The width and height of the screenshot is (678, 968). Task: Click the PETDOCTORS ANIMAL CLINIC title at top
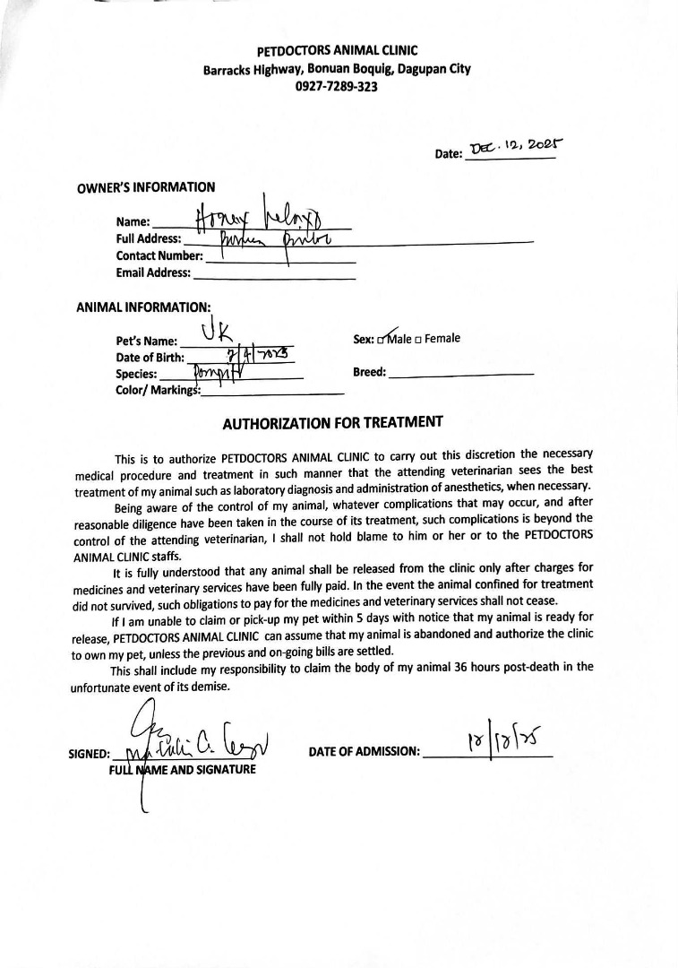coord(337,51)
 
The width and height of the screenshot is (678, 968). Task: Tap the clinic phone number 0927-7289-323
coord(337,87)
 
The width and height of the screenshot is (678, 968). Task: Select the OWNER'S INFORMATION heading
coord(146,187)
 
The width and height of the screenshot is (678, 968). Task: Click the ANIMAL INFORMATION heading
coord(143,307)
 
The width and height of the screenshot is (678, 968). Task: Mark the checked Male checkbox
coord(382,340)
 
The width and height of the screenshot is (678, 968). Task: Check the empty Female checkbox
coord(418,340)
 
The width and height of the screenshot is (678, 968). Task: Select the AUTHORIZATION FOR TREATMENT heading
coord(332,421)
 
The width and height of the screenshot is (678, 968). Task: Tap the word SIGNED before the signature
coord(90,754)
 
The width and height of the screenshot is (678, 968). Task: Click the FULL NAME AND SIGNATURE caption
coord(182,770)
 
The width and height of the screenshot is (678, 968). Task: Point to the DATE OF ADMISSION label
coord(364,752)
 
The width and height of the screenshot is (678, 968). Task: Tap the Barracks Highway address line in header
coord(337,69)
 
